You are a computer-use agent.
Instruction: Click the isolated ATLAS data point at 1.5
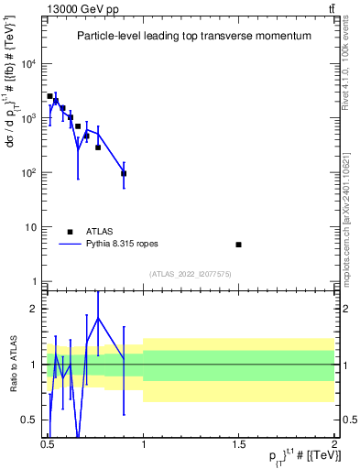(239, 245)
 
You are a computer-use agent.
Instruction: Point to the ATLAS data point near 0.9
(124, 173)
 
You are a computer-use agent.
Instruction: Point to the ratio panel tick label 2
(37, 309)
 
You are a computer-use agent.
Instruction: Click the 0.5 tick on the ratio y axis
(32, 420)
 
